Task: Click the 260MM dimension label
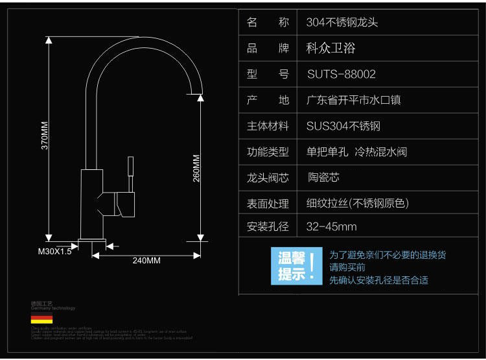tap(197, 167)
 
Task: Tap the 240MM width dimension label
tap(146, 261)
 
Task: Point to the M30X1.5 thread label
tap(54, 251)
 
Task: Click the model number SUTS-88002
tap(341, 75)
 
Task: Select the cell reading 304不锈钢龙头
tap(341, 22)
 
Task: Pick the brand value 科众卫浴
tap(330, 48)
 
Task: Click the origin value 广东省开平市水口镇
tap(358, 101)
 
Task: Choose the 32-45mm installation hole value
tap(331, 227)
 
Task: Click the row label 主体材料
tap(268, 126)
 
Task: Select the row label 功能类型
tap(268, 152)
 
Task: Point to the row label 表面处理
tap(268, 204)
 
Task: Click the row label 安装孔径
tap(268, 227)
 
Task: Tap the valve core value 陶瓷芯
tap(323, 177)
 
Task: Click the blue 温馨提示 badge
tap(295, 266)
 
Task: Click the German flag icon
tap(41, 319)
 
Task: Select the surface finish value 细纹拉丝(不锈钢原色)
tap(357, 204)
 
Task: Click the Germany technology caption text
tap(53, 309)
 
